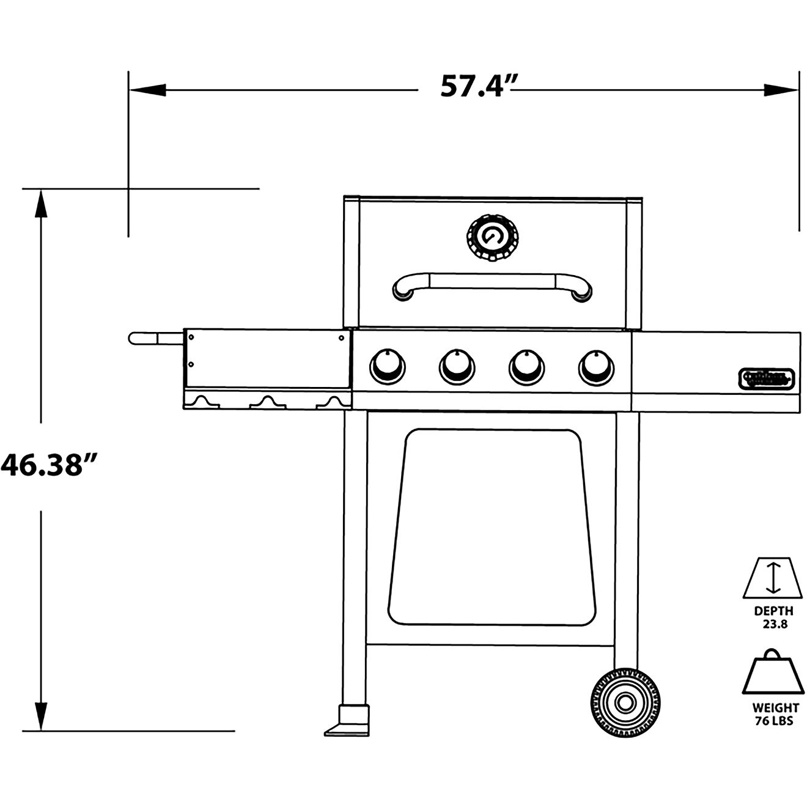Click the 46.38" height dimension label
click(x=50, y=466)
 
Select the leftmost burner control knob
click(x=387, y=367)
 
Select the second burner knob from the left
click(x=457, y=367)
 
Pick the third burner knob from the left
click(x=526, y=367)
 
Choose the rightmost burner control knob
click(x=596, y=367)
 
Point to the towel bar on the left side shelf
click(x=155, y=338)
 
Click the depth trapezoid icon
click(x=773, y=578)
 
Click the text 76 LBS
click(x=774, y=721)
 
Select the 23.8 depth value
click(x=774, y=624)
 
